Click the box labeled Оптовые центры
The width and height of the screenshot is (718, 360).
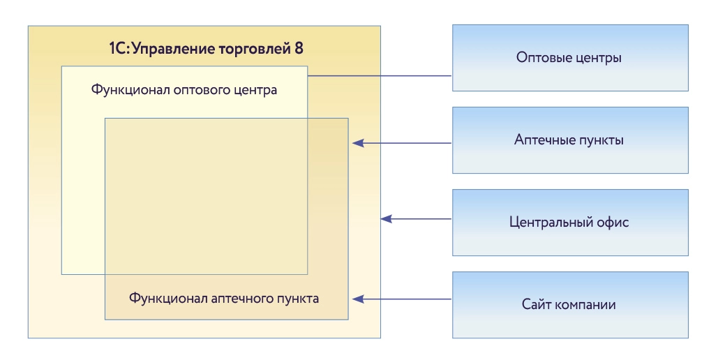coord(569,58)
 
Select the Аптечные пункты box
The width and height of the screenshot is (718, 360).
coord(569,140)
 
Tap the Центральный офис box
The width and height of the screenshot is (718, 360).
coord(569,223)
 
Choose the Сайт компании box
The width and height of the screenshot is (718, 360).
coord(569,305)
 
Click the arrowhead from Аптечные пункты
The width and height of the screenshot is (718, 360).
coord(358,143)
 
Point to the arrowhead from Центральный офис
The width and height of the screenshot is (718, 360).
coord(386,219)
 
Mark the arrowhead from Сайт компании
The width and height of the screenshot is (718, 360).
coord(358,299)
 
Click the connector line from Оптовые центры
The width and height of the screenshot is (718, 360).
coord(380,75)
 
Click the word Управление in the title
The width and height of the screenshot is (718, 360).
coord(170,49)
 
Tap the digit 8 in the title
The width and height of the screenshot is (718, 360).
coord(299,49)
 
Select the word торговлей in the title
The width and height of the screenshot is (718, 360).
coord(253,49)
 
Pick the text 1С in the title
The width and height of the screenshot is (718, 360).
coord(116,49)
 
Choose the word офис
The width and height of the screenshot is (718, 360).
coord(614,223)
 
